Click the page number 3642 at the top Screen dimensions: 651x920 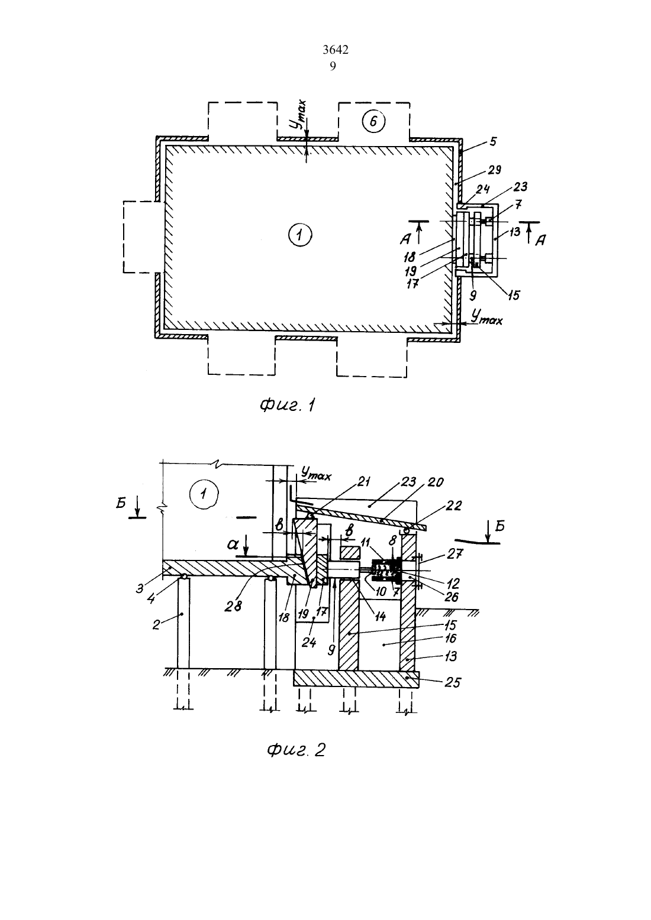[x=336, y=50]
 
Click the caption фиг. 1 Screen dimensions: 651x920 [x=287, y=406]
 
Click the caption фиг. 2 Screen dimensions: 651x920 [x=296, y=750]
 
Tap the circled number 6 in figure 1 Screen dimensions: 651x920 [x=373, y=122]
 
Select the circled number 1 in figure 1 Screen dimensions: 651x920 [x=300, y=235]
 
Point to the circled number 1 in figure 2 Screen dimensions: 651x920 [x=204, y=494]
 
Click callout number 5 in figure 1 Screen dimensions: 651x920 [x=493, y=141]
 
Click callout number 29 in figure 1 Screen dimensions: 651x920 [x=494, y=170]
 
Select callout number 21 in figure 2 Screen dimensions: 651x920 [x=364, y=482]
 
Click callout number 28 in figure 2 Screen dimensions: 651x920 [x=233, y=606]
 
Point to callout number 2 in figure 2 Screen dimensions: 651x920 [x=156, y=625]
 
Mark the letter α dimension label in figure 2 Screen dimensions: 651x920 [x=233, y=545]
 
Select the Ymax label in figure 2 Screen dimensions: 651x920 [x=315, y=474]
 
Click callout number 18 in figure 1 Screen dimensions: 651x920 [x=410, y=258]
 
